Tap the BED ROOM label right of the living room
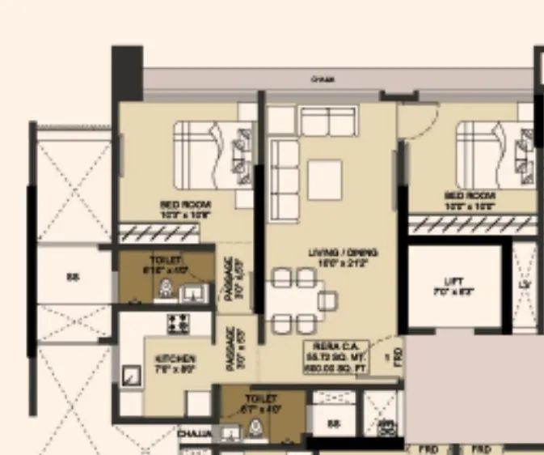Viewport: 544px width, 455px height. pyautogui.click(x=470, y=200)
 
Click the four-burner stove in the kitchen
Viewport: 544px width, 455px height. pyautogui.click(x=178, y=323)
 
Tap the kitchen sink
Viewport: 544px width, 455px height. pyautogui.click(x=129, y=374)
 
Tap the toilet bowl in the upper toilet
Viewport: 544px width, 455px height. pyautogui.click(x=167, y=287)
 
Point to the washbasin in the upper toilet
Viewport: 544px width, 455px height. pyautogui.click(x=193, y=292)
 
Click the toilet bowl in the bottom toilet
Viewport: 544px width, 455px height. pyautogui.click(x=258, y=429)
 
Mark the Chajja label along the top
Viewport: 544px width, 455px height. pyautogui.click(x=323, y=79)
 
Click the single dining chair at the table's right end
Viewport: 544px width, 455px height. pyautogui.click(x=327, y=301)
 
